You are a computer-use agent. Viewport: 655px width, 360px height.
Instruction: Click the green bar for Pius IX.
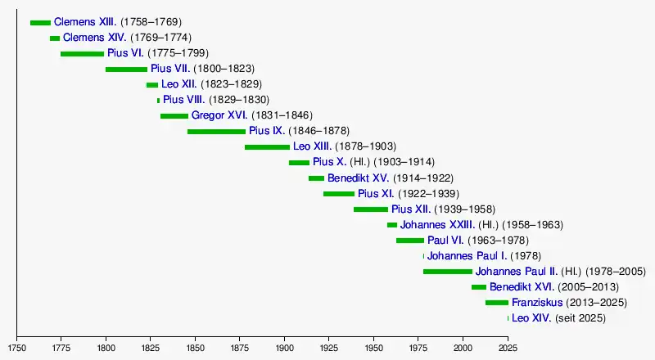pos(216,132)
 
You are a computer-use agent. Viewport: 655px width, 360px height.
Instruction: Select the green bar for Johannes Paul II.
pos(448,272)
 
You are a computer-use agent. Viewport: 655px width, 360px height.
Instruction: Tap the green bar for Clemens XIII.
pos(40,23)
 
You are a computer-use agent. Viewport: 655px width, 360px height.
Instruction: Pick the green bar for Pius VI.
pos(82,54)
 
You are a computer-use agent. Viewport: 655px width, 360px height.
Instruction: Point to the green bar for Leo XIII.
pos(267,147)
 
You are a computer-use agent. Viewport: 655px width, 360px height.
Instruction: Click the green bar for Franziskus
pos(496,303)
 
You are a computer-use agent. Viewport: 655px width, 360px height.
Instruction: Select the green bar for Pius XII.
pos(371,209)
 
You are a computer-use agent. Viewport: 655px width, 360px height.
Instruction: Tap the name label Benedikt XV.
pos(359,178)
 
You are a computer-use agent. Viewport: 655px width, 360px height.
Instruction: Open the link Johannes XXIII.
pos(436,225)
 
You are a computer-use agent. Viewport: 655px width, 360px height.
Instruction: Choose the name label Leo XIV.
pos(531,318)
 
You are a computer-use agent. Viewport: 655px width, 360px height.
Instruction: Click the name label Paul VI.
pos(445,241)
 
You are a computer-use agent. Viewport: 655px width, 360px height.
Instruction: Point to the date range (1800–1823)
pos(224,70)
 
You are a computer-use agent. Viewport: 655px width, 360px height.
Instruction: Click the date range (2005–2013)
pos(588,287)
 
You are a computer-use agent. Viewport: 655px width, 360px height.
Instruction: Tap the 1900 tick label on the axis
pos(285,348)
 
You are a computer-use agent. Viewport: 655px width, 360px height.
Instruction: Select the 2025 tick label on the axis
pos(508,348)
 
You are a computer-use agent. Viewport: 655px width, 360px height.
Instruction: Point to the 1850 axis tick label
pos(196,348)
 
